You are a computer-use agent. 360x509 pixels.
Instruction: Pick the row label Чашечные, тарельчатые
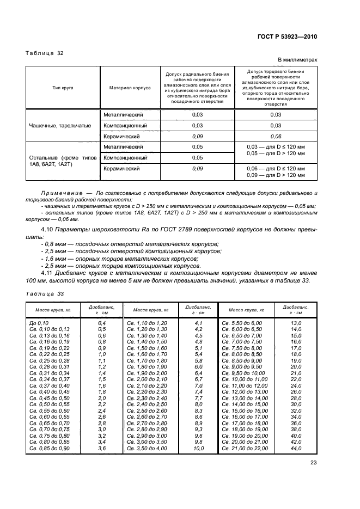click(x=60, y=126)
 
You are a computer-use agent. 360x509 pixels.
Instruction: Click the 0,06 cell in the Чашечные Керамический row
click(x=276, y=136)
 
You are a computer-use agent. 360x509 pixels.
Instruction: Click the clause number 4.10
click(x=47, y=229)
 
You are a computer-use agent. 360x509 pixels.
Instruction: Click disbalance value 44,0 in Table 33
click(x=296, y=448)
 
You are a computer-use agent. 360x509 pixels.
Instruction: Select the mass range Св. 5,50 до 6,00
click(x=243, y=323)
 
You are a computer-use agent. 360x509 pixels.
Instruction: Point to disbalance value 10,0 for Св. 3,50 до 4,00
click(x=198, y=448)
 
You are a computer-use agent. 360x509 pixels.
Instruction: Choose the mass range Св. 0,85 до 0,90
click(x=50, y=448)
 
